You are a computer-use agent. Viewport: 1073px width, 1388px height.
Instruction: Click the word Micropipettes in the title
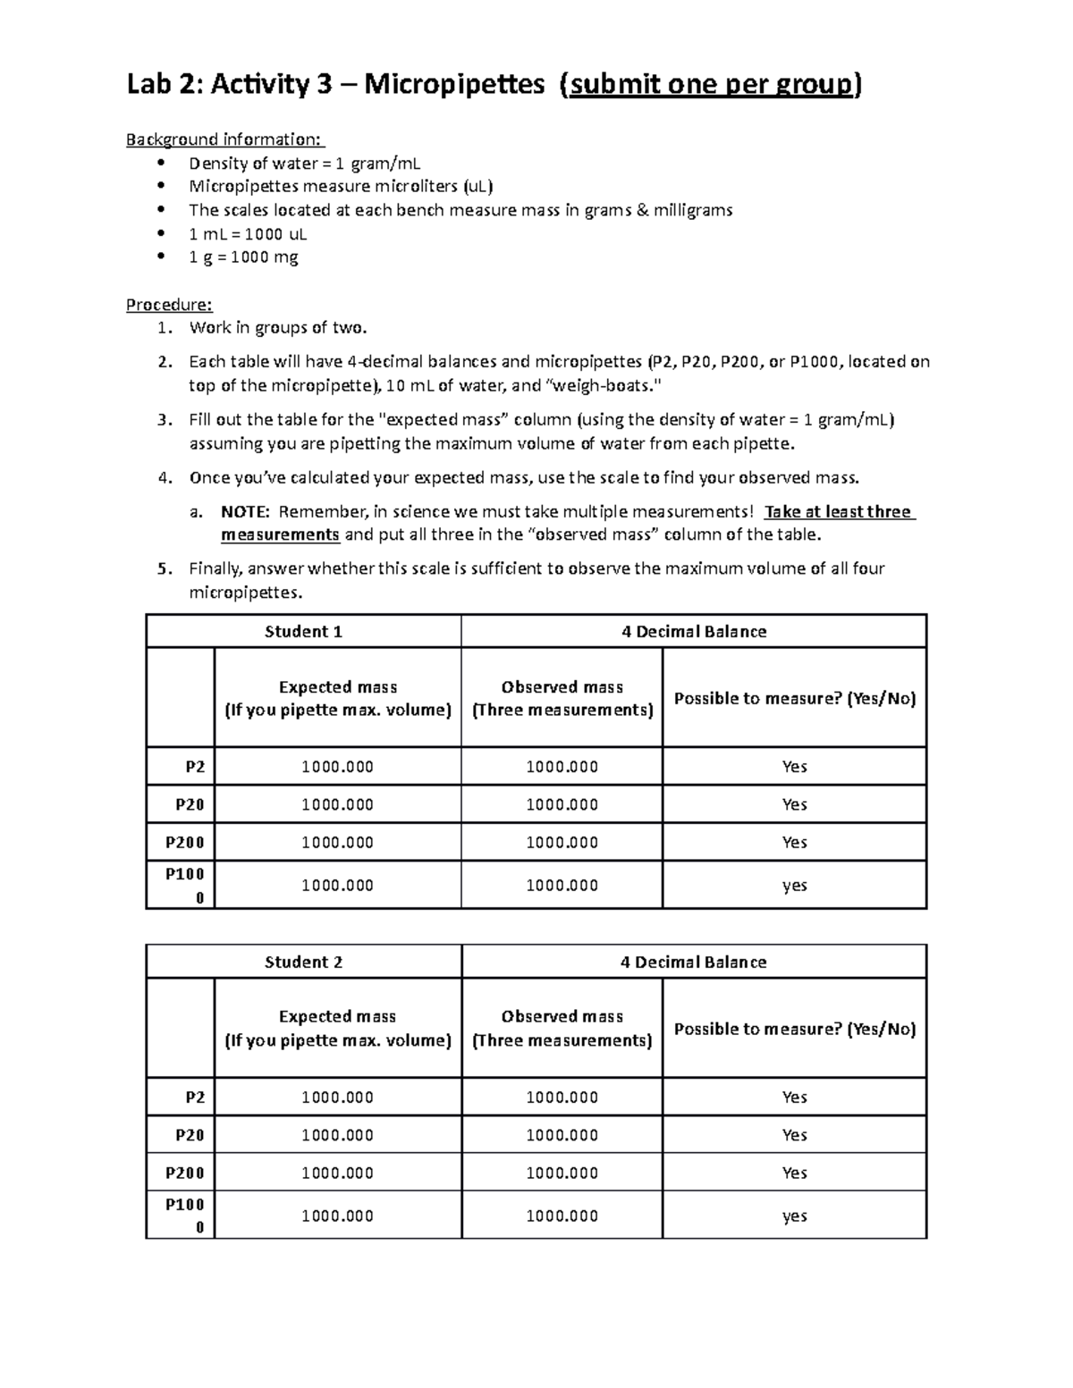pyautogui.click(x=453, y=85)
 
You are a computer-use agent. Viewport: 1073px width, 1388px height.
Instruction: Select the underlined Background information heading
pyautogui.click(x=225, y=139)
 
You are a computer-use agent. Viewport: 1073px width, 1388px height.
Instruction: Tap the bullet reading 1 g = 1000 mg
pyautogui.click(x=243, y=257)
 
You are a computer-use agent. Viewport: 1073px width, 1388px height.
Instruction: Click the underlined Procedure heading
pyautogui.click(x=169, y=305)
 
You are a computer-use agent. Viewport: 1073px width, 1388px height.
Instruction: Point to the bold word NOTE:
pyautogui.click(x=245, y=512)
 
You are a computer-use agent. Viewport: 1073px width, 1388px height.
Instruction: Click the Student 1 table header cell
pyautogui.click(x=303, y=632)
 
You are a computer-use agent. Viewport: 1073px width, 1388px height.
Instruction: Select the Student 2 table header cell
pyautogui.click(x=303, y=963)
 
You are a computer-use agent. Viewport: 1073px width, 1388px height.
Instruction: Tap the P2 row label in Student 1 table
pyautogui.click(x=194, y=767)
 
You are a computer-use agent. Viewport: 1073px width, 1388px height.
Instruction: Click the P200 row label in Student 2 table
pyautogui.click(x=185, y=1173)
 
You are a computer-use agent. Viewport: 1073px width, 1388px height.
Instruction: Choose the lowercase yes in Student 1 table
pyautogui.click(x=794, y=886)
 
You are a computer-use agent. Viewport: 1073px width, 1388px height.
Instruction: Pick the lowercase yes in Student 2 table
pyautogui.click(x=794, y=1216)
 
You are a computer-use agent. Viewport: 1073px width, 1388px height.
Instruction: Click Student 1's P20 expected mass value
pyautogui.click(x=337, y=804)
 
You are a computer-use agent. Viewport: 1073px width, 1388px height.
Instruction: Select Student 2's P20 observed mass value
pyautogui.click(x=562, y=1135)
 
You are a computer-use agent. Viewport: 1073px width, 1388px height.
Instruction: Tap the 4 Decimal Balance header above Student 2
pyautogui.click(x=693, y=963)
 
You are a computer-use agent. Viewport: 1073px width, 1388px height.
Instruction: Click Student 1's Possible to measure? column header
pyautogui.click(x=794, y=699)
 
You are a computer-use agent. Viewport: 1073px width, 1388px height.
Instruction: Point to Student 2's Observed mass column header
pyautogui.click(x=562, y=1028)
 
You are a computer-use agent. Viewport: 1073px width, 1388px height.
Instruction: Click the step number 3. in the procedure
pyautogui.click(x=164, y=420)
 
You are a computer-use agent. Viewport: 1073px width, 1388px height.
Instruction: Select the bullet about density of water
pyautogui.click(x=304, y=164)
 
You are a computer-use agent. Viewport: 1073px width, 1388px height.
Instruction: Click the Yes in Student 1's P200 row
pyautogui.click(x=794, y=843)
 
